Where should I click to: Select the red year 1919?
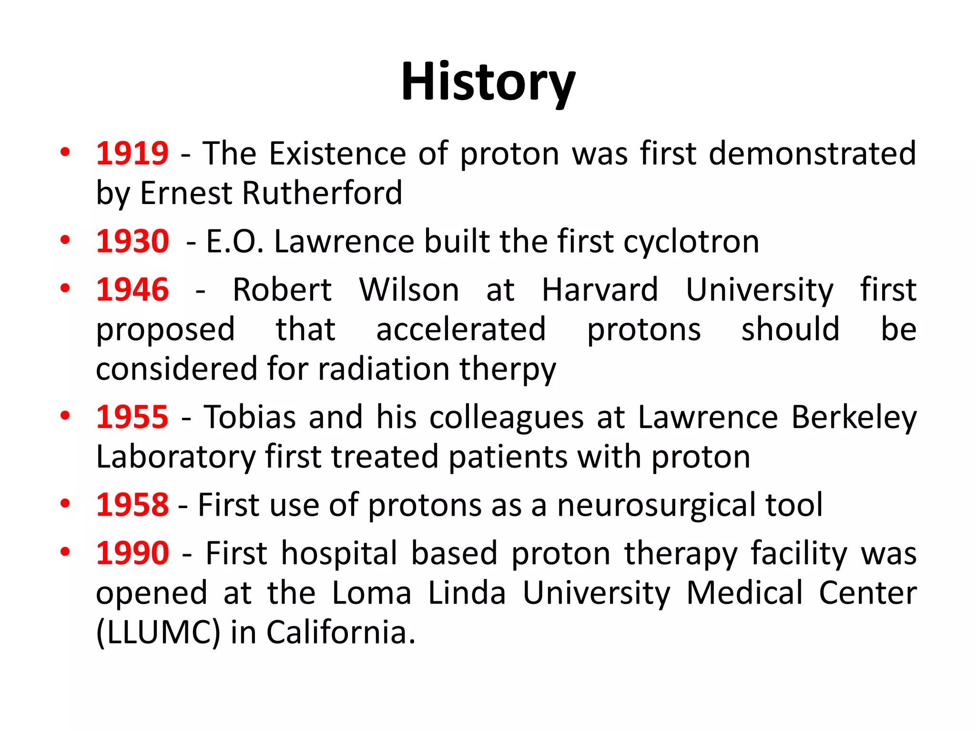(132, 153)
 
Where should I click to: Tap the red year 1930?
(132, 241)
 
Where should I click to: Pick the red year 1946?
(132, 290)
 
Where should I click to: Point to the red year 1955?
(132, 417)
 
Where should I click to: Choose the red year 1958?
(132, 505)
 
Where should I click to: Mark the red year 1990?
(132, 553)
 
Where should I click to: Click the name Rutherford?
(322, 193)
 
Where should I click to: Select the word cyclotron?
(691, 242)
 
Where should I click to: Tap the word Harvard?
(600, 290)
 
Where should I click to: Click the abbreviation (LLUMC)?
(158, 633)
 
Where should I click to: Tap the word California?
(340, 633)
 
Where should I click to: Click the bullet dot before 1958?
(65, 504)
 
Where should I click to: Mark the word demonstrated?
(812, 153)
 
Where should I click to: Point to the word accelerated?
(461, 329)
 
